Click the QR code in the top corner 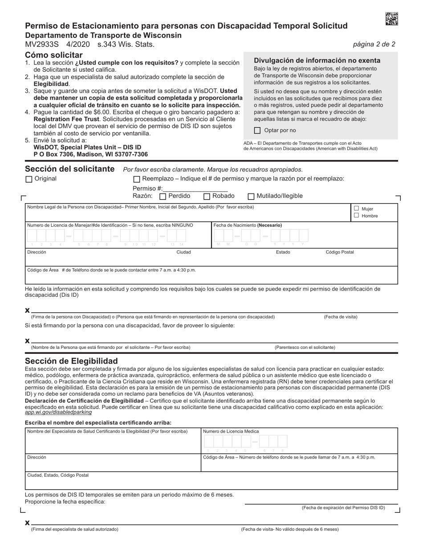coord(391,19)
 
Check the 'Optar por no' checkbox coord(257,131)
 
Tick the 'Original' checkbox coord(29,179)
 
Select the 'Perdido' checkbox coord(163,196)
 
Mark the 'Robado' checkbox coord(207,196)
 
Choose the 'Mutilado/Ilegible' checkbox coord(251,196)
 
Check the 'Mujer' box coord(356,209)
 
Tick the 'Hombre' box coord(356,216)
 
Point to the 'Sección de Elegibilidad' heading coord(71,361)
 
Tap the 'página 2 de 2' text coord(374,44)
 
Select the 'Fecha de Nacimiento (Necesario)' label coord(248,225)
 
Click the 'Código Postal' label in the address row coord(340,252)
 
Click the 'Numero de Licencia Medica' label coord(231,431)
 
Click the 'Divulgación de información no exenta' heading coord(317,61)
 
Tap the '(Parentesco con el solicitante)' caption coord(305,347)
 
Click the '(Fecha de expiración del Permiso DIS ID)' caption coord(343,507)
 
